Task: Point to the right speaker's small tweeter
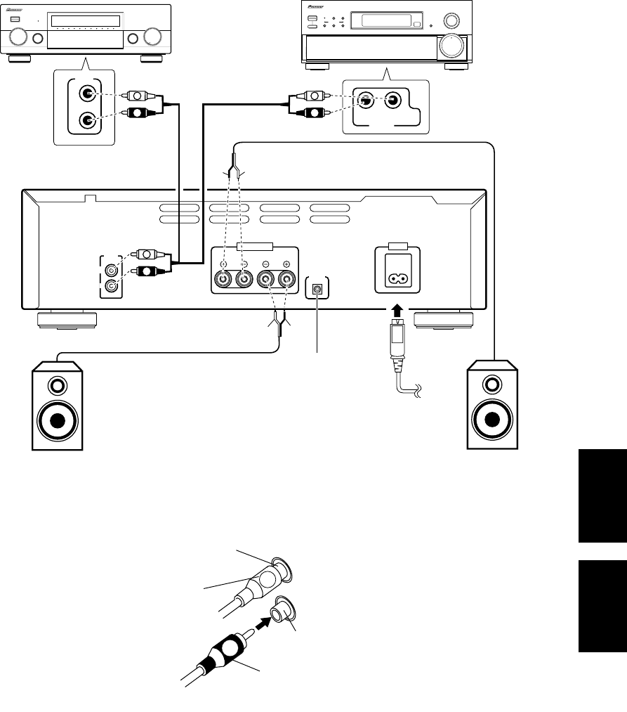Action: (493, 384)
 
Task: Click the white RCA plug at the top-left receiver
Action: (133, 93)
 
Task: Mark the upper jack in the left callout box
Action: (86, 93)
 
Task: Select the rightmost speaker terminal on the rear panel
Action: (286, 280)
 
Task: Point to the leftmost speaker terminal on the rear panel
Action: (223, 280)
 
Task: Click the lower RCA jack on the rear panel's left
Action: (111, 286)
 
